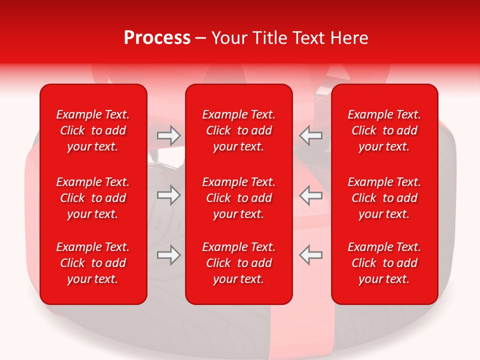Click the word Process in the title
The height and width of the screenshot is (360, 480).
[x=157, y=38]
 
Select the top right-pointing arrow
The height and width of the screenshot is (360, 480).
[x=168, y=135]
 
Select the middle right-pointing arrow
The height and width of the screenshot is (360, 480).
[x=168, y=195]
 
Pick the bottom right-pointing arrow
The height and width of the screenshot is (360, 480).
[x=168, y=255]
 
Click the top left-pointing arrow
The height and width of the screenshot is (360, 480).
[x=311, y=135]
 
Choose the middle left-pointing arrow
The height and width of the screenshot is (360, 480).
[x=311, y=195]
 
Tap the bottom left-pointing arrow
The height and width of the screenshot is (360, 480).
[x=311, y=255]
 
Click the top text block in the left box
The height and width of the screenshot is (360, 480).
[x=93, y=130]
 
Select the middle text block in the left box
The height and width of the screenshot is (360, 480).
[x=93, y=198]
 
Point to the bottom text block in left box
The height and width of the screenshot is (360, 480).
[x=93, y=263]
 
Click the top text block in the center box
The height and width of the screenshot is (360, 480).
[x=238, y=130]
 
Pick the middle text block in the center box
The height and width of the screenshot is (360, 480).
[x=238, y=198]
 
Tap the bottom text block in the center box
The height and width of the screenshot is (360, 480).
[x=238, y=263]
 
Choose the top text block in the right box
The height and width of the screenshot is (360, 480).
[x=384, y=130]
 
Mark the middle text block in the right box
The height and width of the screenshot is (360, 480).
[x=384, y=198]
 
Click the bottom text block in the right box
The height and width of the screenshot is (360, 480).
[x=384, y=263]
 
